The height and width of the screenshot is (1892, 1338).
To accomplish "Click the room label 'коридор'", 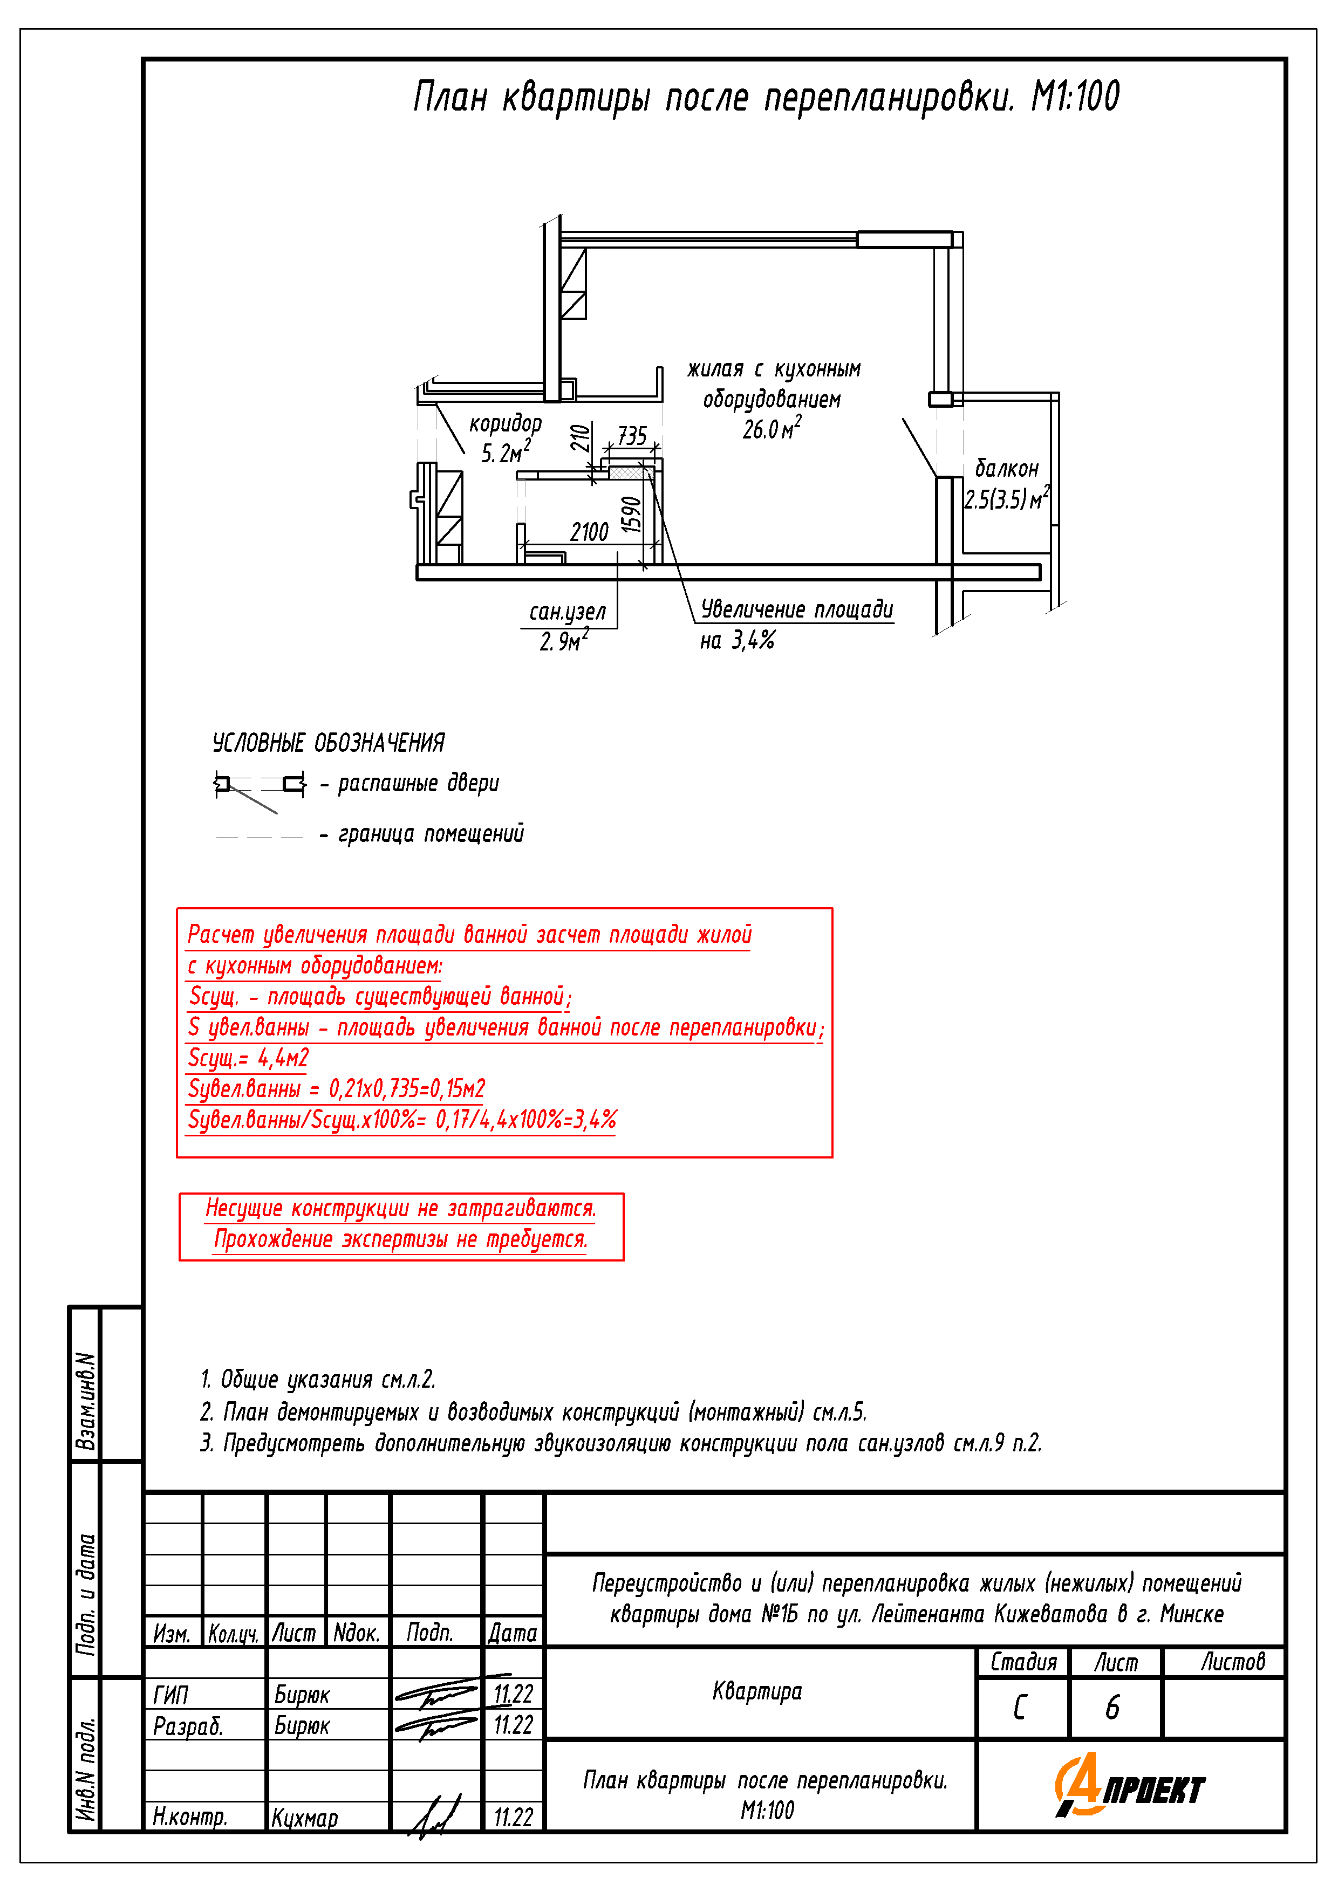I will (x=506, y=423).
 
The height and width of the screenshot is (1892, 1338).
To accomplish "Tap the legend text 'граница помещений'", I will (x=431, y=834).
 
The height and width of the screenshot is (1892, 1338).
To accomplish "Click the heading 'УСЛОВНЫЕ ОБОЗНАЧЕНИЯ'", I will (x=328, y=743).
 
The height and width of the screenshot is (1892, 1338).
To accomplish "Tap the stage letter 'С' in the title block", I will (x=1020, y=1708).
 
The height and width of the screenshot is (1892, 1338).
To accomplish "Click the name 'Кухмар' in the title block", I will (x=304, y=1818).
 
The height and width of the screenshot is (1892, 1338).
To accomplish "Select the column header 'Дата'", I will (x=512, y=1633).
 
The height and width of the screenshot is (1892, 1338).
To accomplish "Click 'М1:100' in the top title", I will (x=1075, y=97).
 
